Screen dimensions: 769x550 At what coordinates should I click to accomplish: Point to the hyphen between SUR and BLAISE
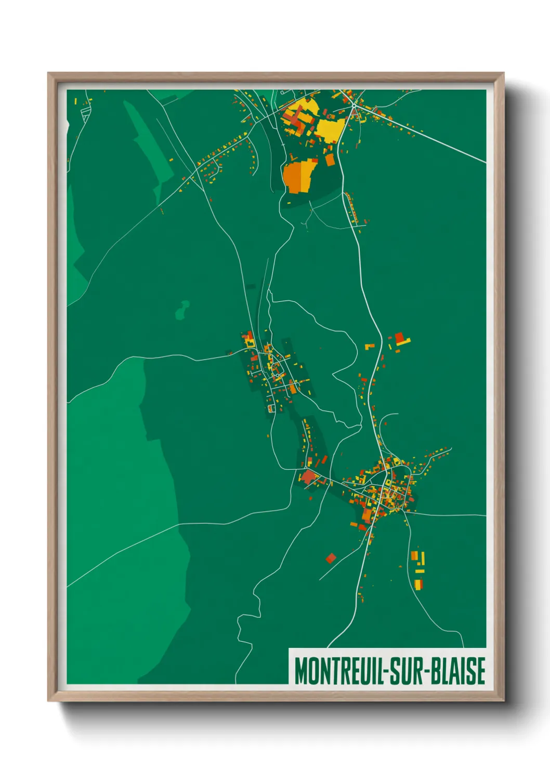(x=427, y=672)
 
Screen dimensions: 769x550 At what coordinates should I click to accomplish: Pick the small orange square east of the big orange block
(x=330, y=160)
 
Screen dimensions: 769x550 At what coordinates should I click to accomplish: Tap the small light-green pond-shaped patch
(x=182, y=311)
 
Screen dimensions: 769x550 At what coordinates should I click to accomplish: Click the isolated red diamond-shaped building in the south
(x=331, y=559)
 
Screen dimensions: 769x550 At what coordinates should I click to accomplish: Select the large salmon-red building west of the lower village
(x=309, y=476)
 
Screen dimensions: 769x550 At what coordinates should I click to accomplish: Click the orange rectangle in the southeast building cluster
(x=414, y=556)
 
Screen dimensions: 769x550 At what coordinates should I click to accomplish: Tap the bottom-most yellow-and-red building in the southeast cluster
(x=418, y=584)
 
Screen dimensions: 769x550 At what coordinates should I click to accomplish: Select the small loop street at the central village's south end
(x=270, y=408)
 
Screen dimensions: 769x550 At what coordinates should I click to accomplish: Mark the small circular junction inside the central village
(x=278, y=375)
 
